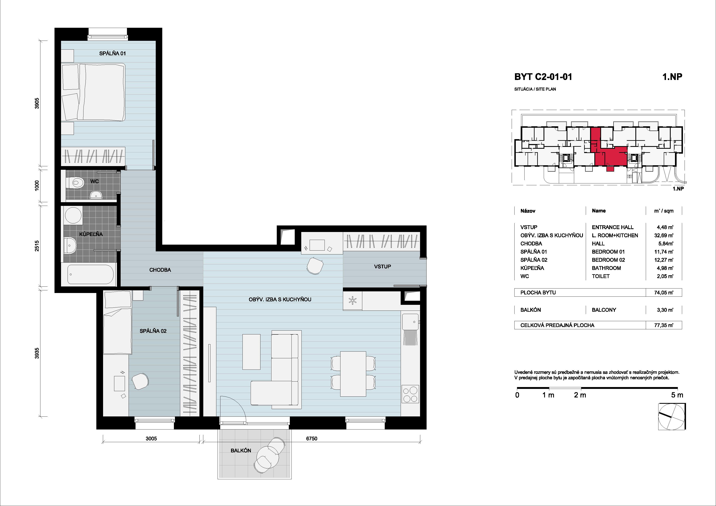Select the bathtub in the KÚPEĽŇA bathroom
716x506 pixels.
pos(90,274)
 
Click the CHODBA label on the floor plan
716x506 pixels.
pos(160,270)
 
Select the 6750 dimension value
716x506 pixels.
pos(311,439)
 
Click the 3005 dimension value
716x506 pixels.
pos(151,439)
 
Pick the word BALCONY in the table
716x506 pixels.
pos(604,310)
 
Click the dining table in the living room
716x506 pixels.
pos(353,374)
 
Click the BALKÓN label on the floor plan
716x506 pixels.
pos(241,451)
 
